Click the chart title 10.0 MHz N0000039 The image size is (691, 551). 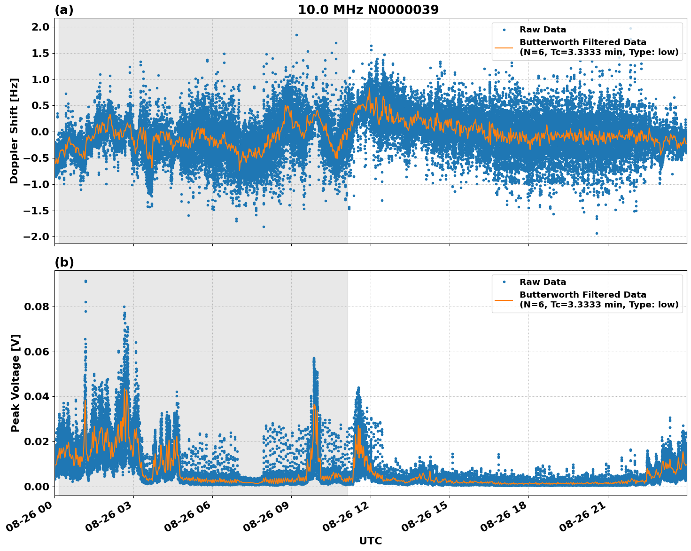tap(368, 10)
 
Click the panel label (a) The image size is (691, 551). tap(64, 10)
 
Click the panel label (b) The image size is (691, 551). tap(64, 262)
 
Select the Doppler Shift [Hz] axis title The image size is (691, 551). tap(14, 131)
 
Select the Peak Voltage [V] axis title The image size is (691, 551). tap(16, 383)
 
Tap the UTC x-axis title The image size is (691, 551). tap(370, 541)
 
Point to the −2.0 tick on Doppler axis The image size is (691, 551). tap(36, 237)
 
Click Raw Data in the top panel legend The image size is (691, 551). tap(543, 30)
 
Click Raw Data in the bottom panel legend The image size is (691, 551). tap(543, 282)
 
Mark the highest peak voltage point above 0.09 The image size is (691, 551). tap(85, 281)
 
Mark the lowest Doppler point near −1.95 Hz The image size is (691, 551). tap(597, 233)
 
